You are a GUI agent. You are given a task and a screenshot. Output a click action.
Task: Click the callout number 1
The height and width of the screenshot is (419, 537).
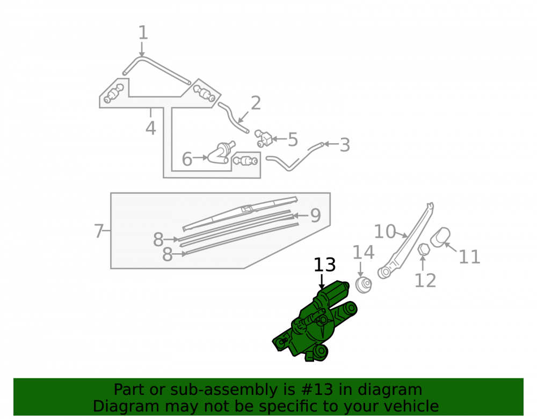pyautogui.click(x=143, y=33)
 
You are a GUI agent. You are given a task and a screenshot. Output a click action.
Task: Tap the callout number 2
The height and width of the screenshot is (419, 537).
pyautogui.click(x=256, y=103)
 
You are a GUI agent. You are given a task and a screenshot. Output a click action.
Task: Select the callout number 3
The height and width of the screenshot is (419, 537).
pyautogui.click(x=345, y=145)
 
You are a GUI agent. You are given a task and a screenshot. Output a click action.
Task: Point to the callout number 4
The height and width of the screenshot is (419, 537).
pyautogui.click(x=151, y=128)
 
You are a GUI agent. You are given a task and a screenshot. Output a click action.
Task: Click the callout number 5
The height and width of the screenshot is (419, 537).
pyautogui.click(x=293, y=139)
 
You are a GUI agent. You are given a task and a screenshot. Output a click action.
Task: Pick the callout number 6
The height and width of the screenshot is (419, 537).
pyautogui.click(x=187, y=159)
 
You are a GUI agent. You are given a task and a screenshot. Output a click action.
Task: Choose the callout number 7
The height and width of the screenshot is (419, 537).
pyautogui.click(x=99, y=231)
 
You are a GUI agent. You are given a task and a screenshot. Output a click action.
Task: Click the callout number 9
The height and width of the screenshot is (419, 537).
pyautogui.click(x=315, y=216)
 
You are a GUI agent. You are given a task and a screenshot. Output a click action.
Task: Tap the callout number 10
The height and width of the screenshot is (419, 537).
pyautogui.click(x=385, y=232)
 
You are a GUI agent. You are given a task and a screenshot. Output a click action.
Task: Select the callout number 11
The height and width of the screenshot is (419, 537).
pyautogui.click(x=469, y=256)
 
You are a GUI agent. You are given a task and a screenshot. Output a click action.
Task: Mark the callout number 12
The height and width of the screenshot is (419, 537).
pyautogui.click(x=425, y=281)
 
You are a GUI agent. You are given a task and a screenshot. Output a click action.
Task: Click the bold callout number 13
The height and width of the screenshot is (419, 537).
pyautogui.click(x=325, y=264)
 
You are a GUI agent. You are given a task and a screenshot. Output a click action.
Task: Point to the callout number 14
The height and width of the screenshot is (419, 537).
pyautogui.click(x=364, y=253)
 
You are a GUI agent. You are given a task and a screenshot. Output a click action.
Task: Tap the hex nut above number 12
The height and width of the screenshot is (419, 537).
pyautogui.click(x=424, y=249)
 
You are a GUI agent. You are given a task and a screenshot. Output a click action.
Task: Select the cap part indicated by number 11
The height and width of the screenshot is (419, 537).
pyautogui.click(x=441, y=237)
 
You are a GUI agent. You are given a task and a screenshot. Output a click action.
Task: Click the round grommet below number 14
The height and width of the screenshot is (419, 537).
pyautogui.click(x=364, y=284)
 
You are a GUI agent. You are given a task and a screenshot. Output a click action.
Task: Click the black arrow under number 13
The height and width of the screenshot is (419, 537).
pyautogui.click(x=322, y=282)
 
